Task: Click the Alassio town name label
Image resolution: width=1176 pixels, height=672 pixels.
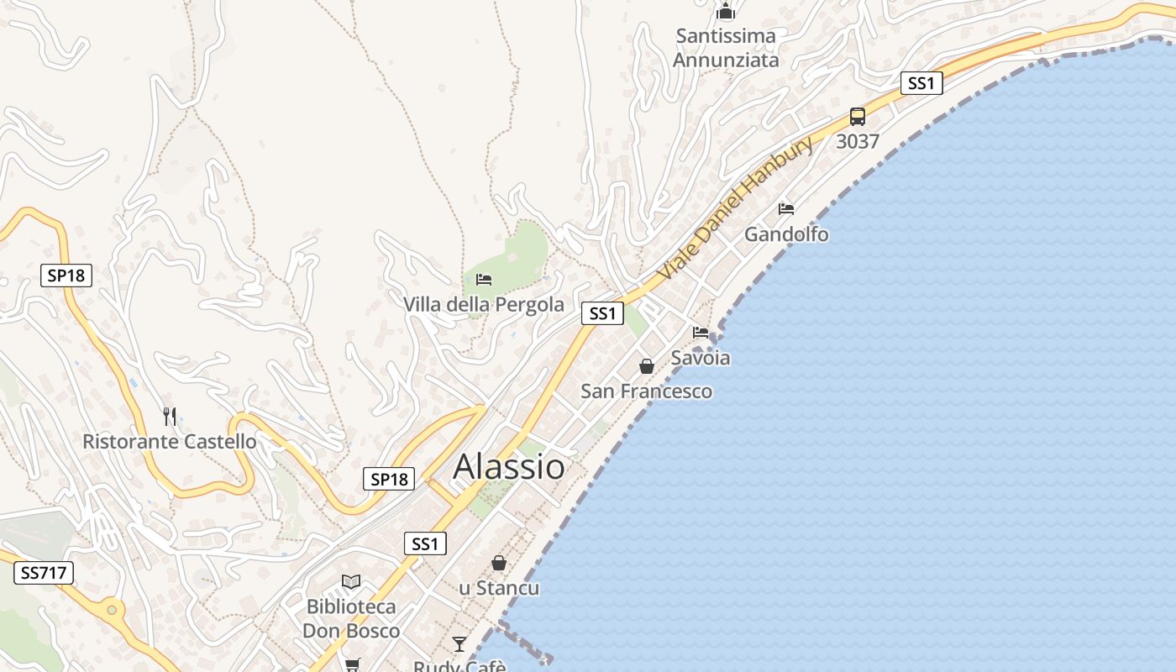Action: (509, 467)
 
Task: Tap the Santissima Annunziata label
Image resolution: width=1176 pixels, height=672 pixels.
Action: (726, 48)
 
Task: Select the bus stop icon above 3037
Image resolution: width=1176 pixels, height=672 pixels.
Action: (857, 117)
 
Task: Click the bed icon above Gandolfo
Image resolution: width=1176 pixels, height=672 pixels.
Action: (786, 208)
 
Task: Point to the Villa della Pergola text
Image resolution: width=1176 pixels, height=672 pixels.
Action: (484, 304)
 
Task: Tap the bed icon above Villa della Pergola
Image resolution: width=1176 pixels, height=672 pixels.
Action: (483, 280)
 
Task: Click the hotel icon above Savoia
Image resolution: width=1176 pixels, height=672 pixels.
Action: (701, 333)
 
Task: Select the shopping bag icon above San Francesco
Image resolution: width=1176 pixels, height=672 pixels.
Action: (647, 366)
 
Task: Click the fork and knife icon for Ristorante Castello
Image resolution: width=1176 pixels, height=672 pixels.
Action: (170, 416)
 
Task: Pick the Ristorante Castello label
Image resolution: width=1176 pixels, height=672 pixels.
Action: (170, 441)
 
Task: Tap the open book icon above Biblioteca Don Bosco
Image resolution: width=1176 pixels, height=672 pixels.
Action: (350, 581)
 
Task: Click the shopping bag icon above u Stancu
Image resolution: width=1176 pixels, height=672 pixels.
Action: (499, 563)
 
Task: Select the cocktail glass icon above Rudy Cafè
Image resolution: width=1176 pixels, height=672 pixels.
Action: (459, 644)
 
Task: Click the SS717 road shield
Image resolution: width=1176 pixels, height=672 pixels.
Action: (44, 573)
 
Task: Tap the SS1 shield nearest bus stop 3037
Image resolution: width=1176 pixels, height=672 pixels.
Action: (921, 83)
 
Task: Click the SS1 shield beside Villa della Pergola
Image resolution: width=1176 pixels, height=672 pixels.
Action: (602, 313)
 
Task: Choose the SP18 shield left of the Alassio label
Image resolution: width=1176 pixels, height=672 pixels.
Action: (389, 479)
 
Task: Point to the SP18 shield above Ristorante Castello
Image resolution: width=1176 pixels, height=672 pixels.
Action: (66, 275)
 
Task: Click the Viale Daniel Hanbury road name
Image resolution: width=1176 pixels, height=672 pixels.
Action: (735, 208)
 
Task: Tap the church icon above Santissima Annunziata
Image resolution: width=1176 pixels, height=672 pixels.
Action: (726, 12)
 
